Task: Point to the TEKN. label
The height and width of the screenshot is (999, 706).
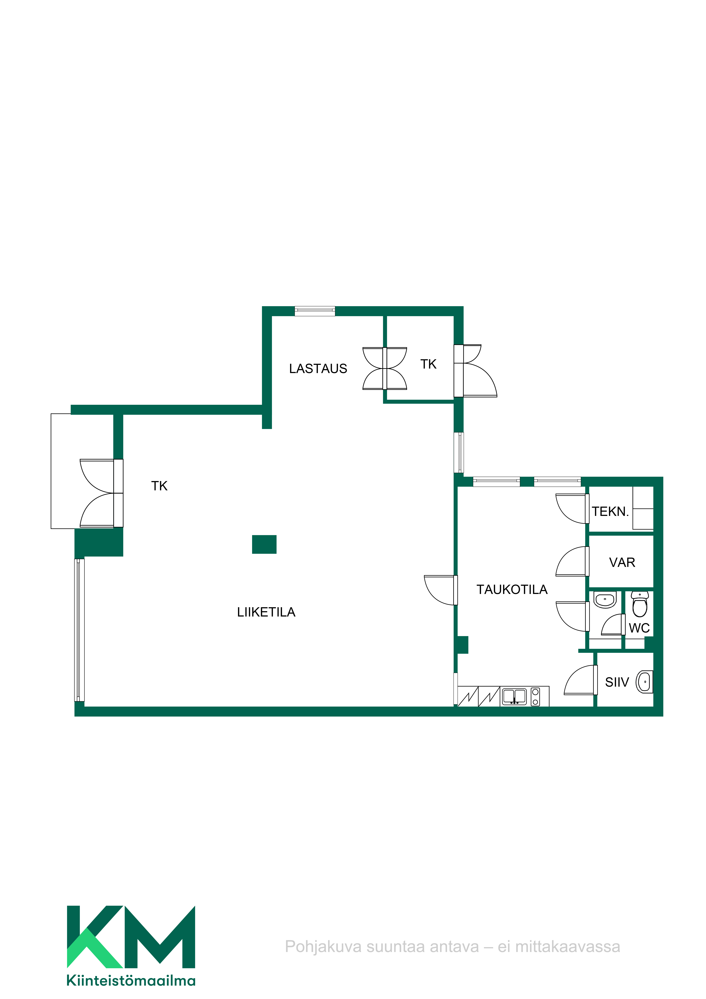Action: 610,512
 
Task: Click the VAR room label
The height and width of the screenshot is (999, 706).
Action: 622,563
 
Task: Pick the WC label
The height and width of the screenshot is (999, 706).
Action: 639,628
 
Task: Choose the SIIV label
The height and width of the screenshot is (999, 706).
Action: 617,682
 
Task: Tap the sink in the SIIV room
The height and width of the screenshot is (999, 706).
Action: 644,682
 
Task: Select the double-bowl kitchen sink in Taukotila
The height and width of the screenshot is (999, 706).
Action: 514,697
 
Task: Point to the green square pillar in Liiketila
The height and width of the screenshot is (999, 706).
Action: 264,544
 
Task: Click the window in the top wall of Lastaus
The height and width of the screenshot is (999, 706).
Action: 315,311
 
